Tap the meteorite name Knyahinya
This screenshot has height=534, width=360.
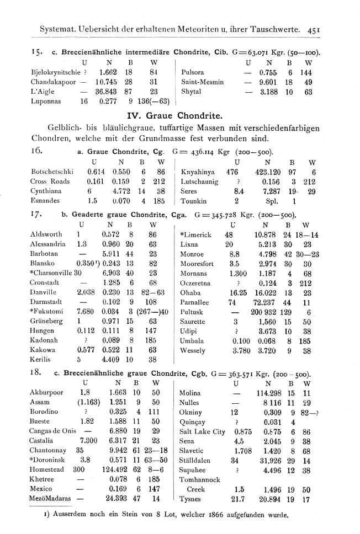pos(198,172)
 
